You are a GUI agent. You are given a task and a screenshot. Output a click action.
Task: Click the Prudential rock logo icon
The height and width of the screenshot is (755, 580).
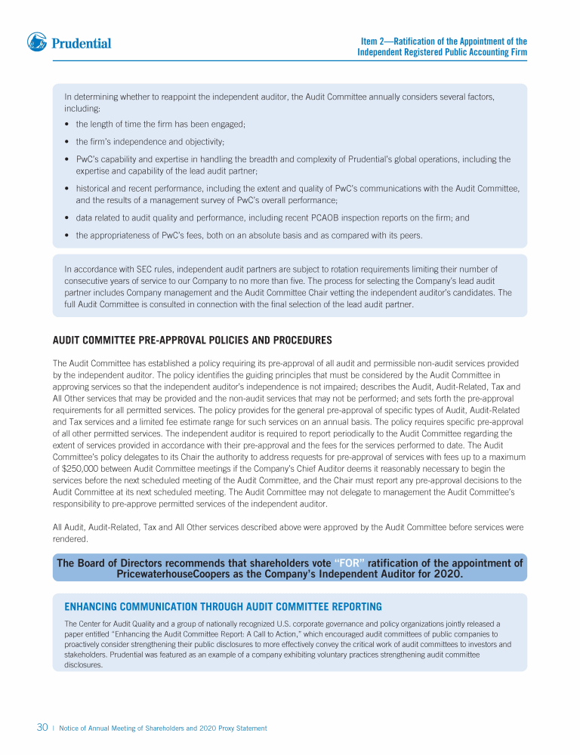point(38,42)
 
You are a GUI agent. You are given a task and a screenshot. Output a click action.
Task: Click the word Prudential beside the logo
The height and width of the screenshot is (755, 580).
point(82,44)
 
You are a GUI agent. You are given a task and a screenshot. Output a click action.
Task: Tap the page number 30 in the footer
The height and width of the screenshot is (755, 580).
point(42,728)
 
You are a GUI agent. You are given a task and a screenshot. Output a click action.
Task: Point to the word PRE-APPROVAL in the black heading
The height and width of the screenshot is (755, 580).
point(199,340)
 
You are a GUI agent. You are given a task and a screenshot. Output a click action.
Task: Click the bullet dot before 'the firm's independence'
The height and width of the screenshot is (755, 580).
point(68,142)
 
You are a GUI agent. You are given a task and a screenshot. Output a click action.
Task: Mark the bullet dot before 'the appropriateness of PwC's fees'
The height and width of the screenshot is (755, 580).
point(68,236)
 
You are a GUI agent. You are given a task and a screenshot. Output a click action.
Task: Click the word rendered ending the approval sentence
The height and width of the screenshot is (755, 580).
point(70,539)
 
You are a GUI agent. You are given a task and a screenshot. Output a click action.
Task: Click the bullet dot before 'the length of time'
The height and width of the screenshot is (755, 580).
point(68,124)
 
